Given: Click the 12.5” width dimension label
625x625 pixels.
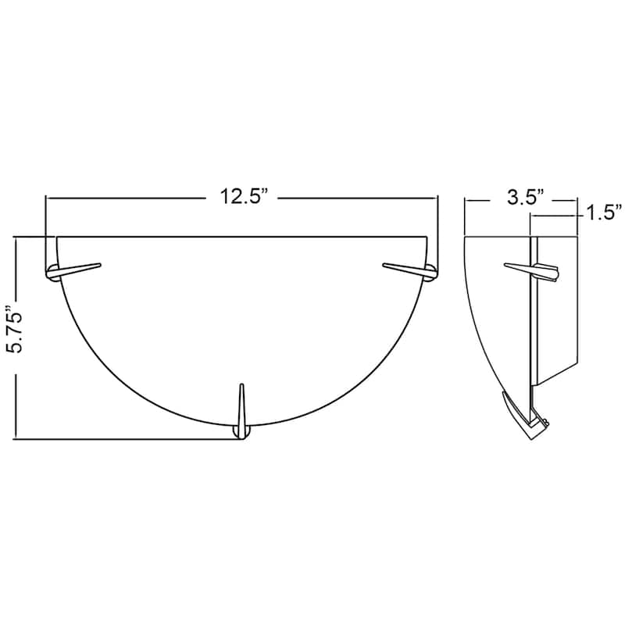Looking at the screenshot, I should (243, 197).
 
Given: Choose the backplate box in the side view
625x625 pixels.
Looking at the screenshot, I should (556, 312).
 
